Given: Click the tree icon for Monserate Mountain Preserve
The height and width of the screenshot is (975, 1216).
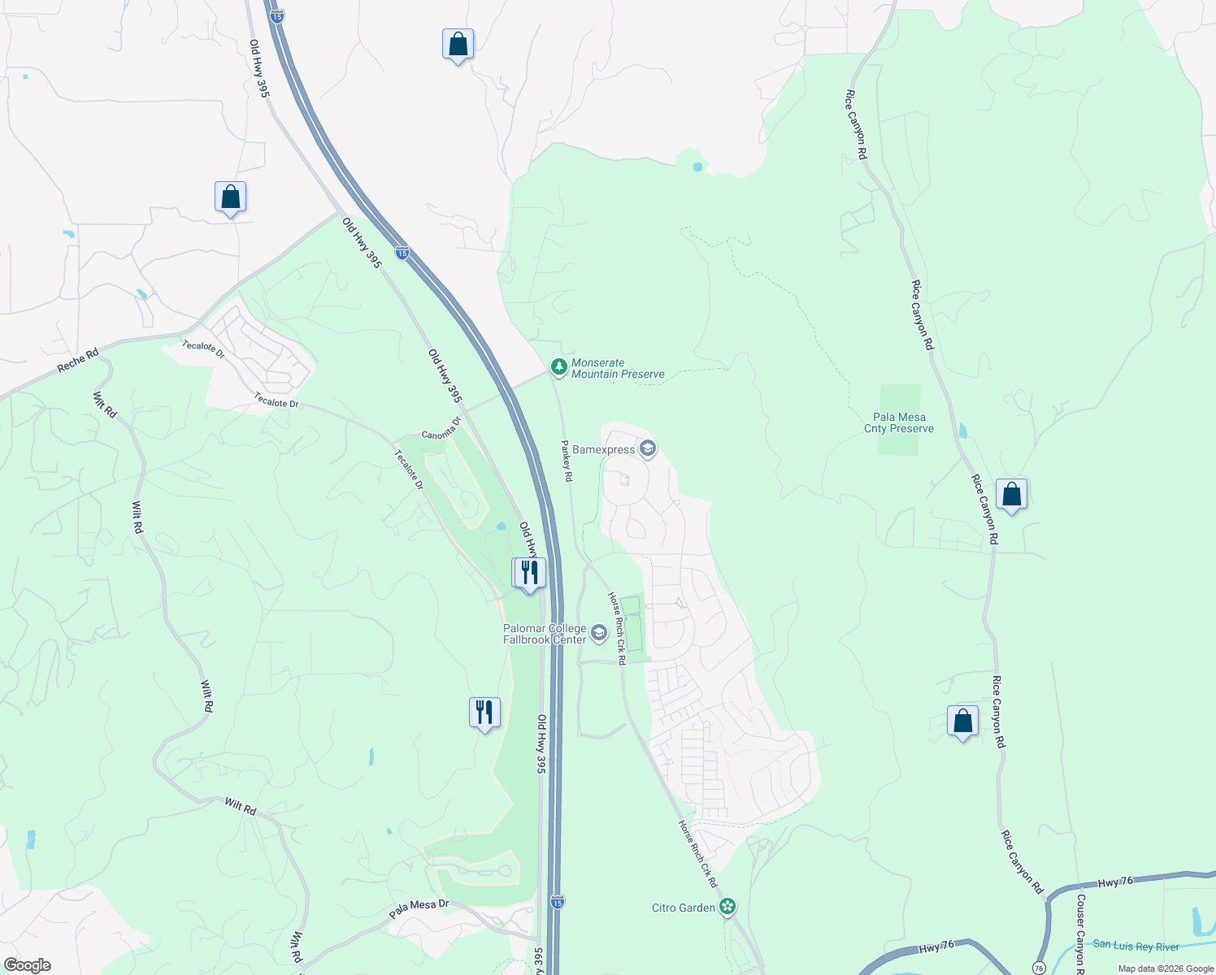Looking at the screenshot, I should tap(558, 367).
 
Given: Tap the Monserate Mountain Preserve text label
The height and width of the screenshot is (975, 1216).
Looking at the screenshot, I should tap(618, 369).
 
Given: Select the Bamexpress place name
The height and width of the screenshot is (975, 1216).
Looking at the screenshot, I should tap(603, 449).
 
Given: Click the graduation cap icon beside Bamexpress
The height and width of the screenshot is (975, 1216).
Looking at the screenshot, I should tap(648, 448).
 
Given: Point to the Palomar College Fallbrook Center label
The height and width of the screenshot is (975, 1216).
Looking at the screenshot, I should tap(545, 634).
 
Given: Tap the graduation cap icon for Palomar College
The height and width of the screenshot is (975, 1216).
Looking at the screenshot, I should tap(599, 633).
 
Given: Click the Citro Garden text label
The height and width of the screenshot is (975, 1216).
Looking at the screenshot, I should tap(684, 908).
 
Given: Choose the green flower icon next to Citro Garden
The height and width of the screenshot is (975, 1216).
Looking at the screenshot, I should tap(728, 907).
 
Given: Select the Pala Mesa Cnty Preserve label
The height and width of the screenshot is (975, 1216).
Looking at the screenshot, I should tap(899, 422).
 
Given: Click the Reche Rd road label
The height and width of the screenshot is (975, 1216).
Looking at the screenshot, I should tap(78, 361).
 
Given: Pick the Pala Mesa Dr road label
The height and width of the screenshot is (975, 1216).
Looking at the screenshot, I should tap(419, 908).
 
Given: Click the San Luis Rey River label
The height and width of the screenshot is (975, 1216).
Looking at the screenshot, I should tap(1136, 946).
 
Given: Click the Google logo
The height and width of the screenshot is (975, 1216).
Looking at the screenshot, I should tap(27, 964).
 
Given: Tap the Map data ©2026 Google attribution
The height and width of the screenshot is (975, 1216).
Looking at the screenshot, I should tap(1166, 968).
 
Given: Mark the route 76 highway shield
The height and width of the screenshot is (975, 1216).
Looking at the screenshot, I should tap(1039, 967).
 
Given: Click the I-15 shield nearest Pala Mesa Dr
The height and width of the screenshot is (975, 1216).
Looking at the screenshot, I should tap(557, 902).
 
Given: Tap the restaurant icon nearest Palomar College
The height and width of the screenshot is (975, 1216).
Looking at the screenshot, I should tap(529, 573).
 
